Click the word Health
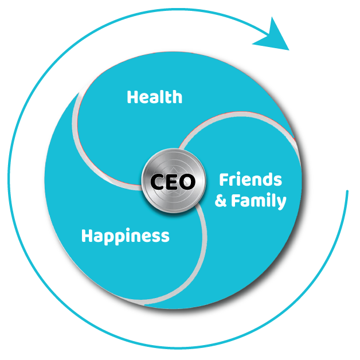[x=154, y=97]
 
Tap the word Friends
[x=251, y=180]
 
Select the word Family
[x=259, y=201]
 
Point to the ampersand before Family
[x=221, y=202]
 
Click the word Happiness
[x=125, y=236]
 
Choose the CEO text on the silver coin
[x=173, y=182]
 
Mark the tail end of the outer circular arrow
[x=346, y=191]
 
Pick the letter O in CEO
[x=187, y=182]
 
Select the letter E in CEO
[x=173, y=182]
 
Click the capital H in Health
[x=132, y=97]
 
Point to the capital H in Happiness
[x=87, y=236]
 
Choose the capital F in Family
[x=236, y=201]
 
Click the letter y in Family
[x=281, y=203]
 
